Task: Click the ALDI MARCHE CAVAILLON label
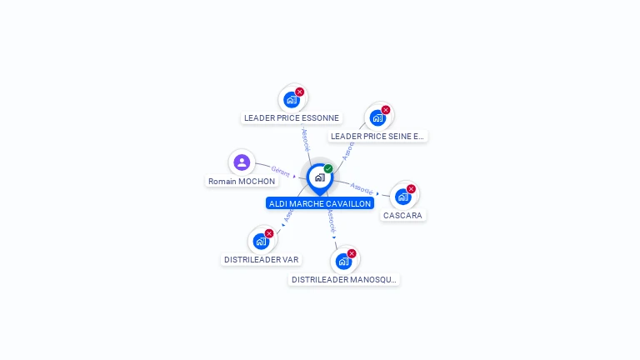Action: click(320, 203)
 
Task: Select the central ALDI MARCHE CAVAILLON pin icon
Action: click(319, 177)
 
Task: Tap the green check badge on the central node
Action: click(328, 169)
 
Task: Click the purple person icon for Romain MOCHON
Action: click(242, 162)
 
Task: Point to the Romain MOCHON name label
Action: click(242, 181)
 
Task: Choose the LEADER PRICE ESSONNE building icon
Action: click(291, 100)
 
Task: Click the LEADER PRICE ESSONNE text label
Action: click(291, 118)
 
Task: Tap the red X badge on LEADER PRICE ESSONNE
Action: click(300, 92)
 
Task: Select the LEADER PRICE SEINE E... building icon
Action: click(377, 117)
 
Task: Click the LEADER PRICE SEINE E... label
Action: click(377, 136)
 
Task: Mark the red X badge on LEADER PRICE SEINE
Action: click(386, 110)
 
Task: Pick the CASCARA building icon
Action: click(402, 197)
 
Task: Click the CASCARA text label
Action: click(402, 215)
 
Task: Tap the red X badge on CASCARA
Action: click(411, 189)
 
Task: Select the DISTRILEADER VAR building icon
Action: click(261, 242)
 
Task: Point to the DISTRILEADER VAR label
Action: click(261, 259)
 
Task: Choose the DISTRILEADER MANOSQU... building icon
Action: click(343, 262)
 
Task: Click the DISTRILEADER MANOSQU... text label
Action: click(344, 280)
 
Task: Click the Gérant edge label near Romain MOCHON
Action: click(281, 172)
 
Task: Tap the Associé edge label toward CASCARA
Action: click(361, 187)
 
